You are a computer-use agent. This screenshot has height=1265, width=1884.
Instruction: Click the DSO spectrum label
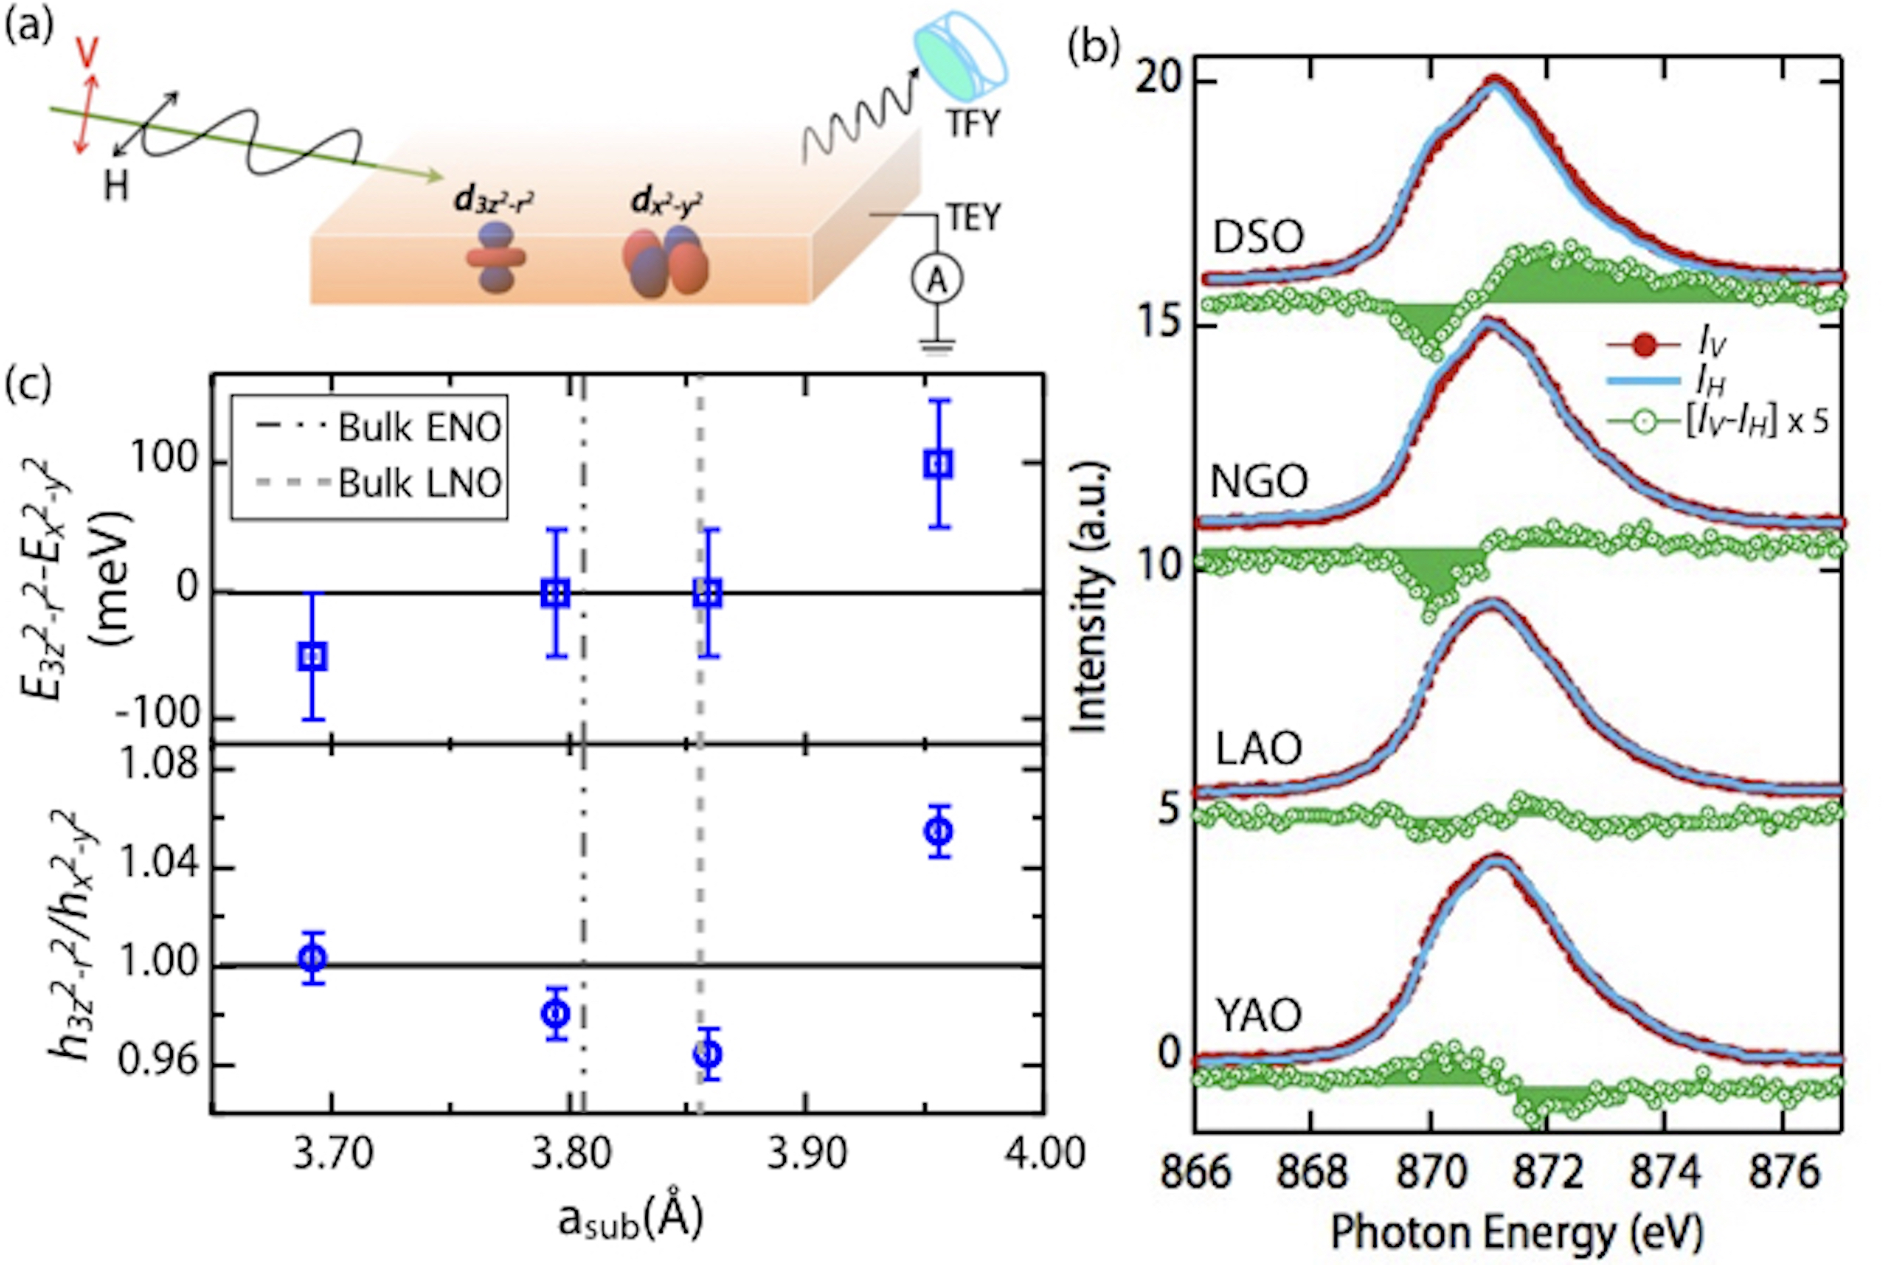pos(1258,238)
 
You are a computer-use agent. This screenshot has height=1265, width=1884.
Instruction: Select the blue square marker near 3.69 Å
pos(312,656)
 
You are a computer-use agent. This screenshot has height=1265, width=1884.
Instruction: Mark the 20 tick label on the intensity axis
pos(1159,82)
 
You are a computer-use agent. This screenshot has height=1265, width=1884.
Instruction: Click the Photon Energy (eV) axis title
pos(1517,1232)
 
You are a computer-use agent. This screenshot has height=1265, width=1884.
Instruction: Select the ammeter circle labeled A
pos(937,279)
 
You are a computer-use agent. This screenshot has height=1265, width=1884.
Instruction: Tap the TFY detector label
pos(972,123)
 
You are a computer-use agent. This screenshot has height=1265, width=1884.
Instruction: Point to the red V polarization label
pos(86,53)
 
